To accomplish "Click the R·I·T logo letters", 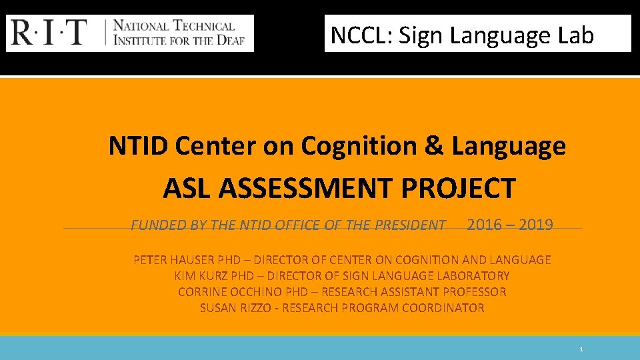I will pyautogui.click(x=49, y=33).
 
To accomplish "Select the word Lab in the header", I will pyautogui.click(x=576, y=35).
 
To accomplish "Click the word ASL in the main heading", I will pyautogui.click(x=187, y=189).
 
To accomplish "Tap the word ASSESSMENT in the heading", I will pyautogui.click(x=306, y=189).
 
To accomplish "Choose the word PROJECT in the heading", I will pyautogui.click(x=458, y=189).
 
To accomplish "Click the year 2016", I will pyautogui.click(x=485, y=225).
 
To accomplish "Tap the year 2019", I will pyautogui.click(x=535, y=225).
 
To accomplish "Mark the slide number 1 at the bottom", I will pyautogui.click(x=581, y=349).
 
